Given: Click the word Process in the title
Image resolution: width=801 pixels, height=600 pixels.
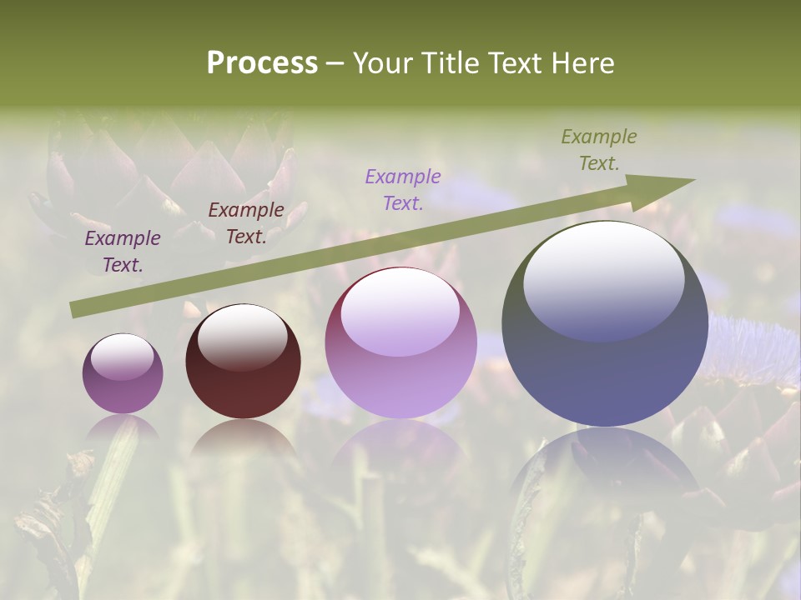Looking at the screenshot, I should tap(262, 63).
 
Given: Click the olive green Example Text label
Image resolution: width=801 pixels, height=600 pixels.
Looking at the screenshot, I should tap(599, 150).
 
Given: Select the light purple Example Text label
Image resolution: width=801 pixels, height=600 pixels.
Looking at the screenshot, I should tap(403, 189).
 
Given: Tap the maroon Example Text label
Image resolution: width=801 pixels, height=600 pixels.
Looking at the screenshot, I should tap(246, 223).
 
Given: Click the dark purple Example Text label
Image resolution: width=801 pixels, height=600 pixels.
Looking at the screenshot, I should tap(123, 252).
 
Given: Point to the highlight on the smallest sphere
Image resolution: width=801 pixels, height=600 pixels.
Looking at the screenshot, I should tap(122, 356).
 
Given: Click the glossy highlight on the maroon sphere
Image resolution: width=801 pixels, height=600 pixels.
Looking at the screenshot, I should tap(242, 336).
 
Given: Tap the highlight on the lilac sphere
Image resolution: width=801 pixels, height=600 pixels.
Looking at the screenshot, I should tap(400, 311).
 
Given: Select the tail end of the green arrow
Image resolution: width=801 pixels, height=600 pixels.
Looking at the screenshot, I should tap(75, 309).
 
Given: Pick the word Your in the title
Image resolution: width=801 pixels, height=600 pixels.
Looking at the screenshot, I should tap(380, 63).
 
